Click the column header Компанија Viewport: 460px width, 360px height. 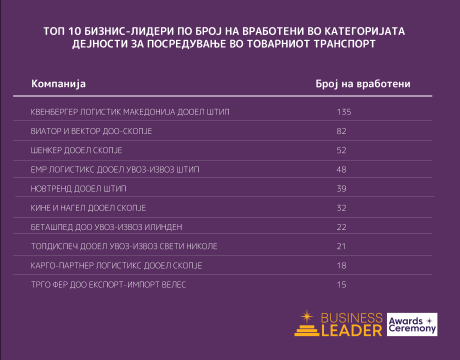(58, 83)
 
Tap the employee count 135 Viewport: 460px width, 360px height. (344, 112)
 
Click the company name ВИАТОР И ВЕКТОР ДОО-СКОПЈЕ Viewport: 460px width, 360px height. (91, 131)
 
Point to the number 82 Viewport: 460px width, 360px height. (341, 131)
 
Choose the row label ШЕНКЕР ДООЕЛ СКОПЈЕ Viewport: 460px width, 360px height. (76, 150)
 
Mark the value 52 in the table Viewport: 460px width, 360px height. (341, 150)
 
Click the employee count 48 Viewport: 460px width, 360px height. (341, 169)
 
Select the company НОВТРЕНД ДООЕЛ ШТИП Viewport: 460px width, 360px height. (78, 189)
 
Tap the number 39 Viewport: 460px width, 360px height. (341, 189)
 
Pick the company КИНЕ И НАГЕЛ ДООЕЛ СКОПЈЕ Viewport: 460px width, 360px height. (88, 208)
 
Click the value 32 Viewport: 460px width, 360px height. (341, 208)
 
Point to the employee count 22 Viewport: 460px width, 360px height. (341, 227)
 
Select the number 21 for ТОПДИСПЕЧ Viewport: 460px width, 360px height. (341, 246)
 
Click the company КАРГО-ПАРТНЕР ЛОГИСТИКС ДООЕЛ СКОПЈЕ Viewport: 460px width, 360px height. (116, 265)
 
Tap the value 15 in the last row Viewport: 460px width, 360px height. (341, 284)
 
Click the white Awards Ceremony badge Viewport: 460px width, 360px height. (412, 325)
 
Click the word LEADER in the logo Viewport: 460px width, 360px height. (351, 330)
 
